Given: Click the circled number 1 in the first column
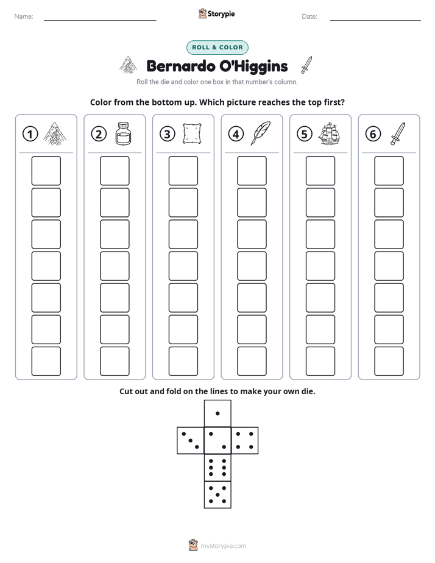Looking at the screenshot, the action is click(30, 134).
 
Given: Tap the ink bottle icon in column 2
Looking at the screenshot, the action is click(124, 133).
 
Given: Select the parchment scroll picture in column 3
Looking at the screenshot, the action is click(192, 133).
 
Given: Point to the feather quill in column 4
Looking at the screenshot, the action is click(261, 133).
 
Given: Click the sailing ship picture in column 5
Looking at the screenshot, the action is click(329, 133).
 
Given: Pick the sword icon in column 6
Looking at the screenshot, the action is click(398, 133).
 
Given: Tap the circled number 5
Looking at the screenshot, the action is click(305, 134).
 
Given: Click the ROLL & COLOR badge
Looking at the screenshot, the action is click(217, 48).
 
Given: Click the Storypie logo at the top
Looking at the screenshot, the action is click(217, 14).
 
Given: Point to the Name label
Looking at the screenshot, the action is click(24, 16).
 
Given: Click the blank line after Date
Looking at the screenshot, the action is click(375, 20).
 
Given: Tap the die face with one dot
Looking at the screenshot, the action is click(217, 413).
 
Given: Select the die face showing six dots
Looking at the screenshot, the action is click(217, 467).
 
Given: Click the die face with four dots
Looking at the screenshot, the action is click(245, 441).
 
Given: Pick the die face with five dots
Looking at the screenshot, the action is click(217, 495).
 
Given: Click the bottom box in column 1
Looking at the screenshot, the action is click(46, 361).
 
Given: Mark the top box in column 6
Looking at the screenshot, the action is click(389, 171).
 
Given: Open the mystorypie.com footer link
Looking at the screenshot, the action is click(223, 546).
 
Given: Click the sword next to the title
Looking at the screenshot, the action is click(306, 65).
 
